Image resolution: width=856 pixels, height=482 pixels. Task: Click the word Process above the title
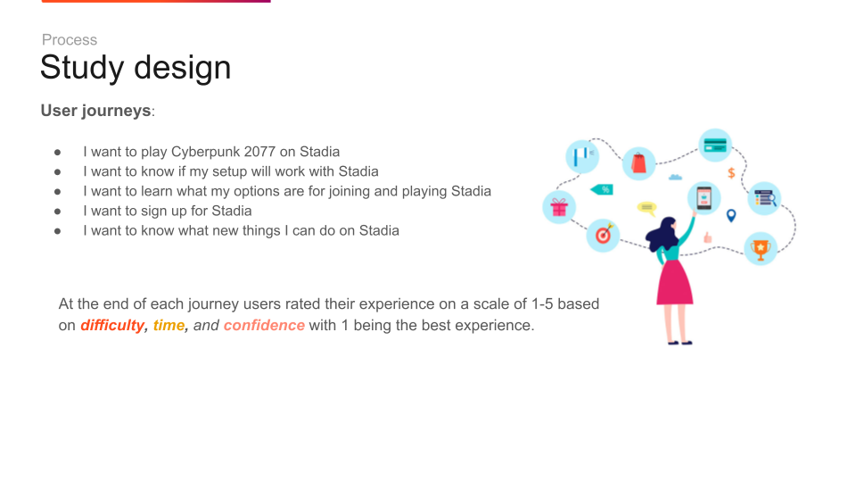(x=70, y=40)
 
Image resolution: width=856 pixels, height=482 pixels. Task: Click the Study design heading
(x=136, y=68)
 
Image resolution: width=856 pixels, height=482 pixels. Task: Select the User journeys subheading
(x=96, y=111)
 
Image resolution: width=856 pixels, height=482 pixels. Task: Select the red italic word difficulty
(x=112, y=326)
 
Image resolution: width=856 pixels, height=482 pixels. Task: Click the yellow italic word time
(x=169, y=325)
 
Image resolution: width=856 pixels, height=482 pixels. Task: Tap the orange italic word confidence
(x=264, y=325)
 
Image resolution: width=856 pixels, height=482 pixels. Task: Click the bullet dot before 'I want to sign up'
(x=57, y=212)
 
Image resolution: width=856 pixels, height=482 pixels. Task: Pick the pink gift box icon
(x=559, y=207)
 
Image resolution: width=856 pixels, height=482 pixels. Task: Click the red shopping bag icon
(x=638, y=162)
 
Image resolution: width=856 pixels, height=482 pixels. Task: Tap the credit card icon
(x=715, y=145)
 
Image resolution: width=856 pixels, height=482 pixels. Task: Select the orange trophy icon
(x=761, y=249)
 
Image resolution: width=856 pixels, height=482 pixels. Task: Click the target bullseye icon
(x=604, y=235)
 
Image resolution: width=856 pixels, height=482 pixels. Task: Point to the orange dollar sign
(x=731, y=172)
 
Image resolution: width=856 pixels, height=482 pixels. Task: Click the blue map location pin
(x=731, y=215)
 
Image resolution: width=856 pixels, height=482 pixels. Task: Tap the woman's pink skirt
(x=675, y=282)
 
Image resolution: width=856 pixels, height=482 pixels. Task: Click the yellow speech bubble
(x=647, y=208)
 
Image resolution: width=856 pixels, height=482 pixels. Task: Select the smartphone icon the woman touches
(x=704, y=198)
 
